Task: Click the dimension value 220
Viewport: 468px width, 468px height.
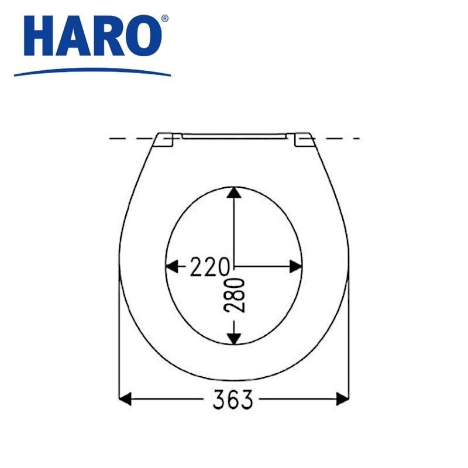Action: (210, 267)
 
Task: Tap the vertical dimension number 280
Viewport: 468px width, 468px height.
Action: (235, 295)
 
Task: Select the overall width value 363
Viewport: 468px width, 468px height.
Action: (233, 399)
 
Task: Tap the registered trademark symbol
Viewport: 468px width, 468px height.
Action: (165, 19)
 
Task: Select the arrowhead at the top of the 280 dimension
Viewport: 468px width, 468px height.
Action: (234, 192)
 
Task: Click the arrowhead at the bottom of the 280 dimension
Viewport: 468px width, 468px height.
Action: (234, 339)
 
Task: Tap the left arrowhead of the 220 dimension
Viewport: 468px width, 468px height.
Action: (172, 266)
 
